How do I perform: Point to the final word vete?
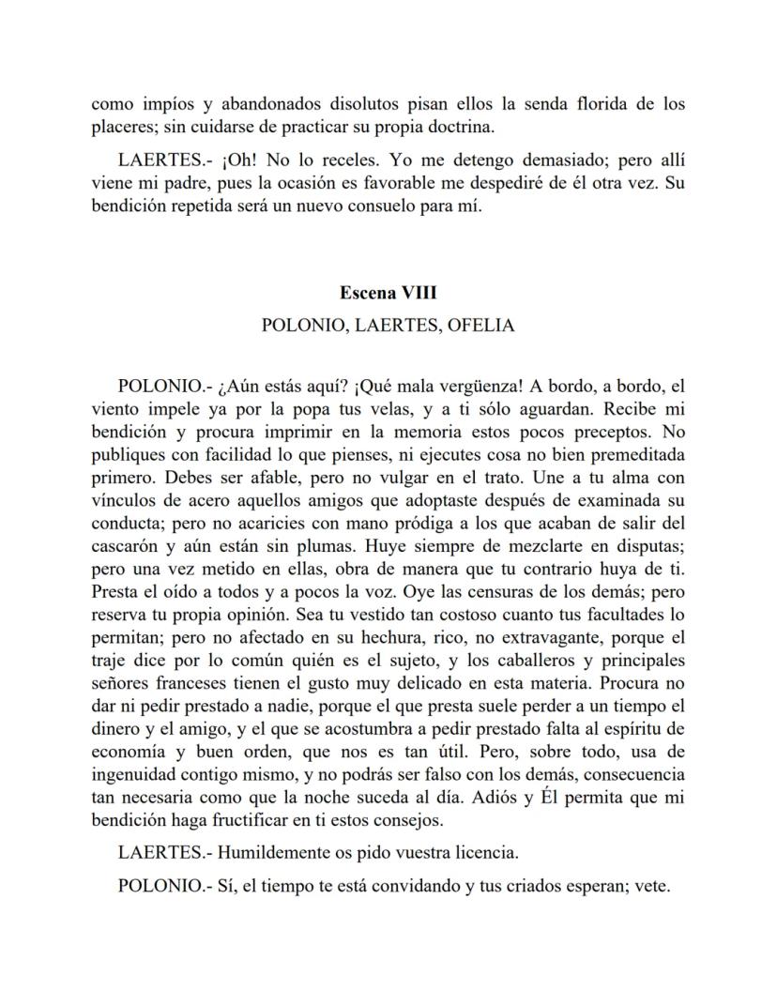652,885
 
